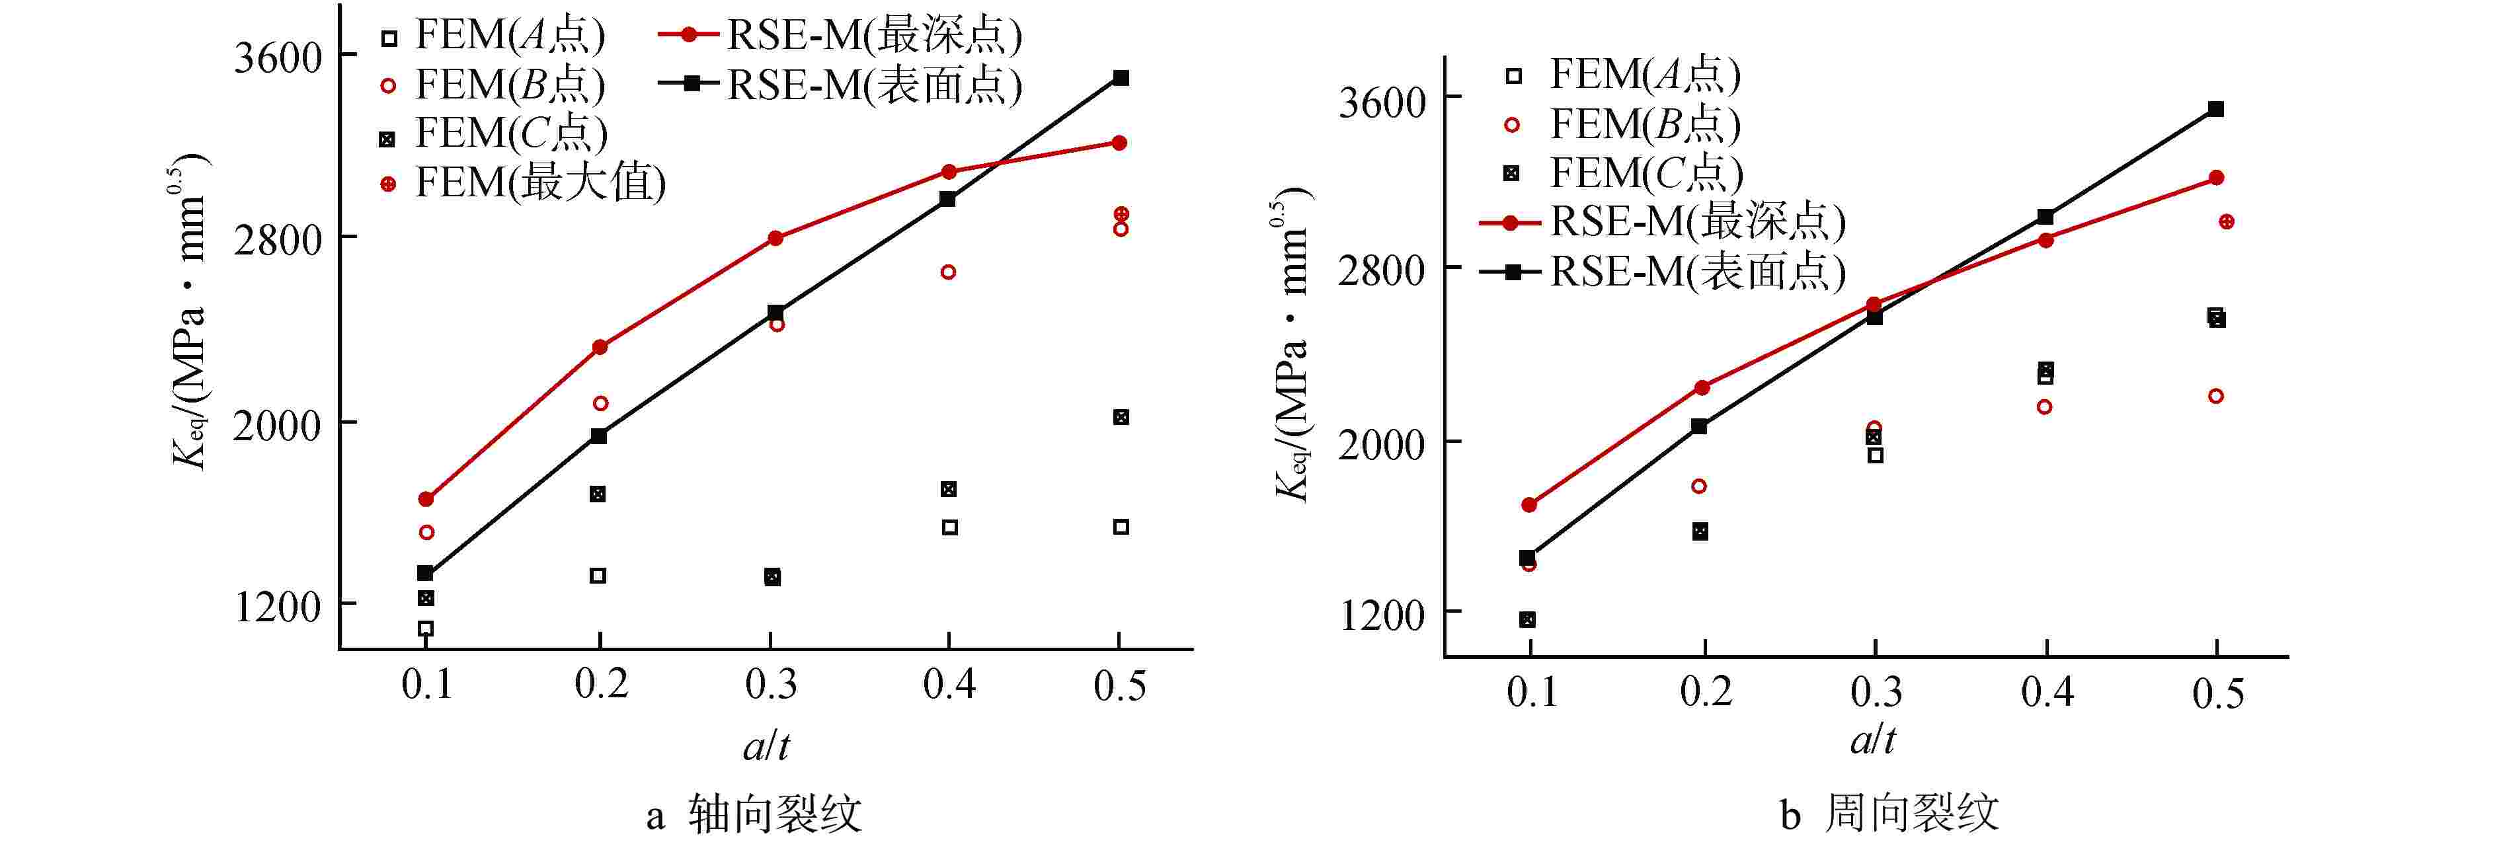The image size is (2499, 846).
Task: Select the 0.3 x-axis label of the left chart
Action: click(x=772, y=685)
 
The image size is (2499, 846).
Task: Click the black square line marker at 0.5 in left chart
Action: click(x=1121, y=77)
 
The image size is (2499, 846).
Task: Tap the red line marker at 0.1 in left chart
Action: click(x=426, y=498)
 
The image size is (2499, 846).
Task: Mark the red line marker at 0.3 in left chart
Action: click(x=775, y=238)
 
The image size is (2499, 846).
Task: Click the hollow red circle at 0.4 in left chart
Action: click(x=949, y=272)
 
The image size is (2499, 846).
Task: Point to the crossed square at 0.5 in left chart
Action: click(x=1121, y=417)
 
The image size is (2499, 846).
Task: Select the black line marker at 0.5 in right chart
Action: click(x=2216, y=108)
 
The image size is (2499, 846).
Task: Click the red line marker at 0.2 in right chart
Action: click(x=1702, y=387)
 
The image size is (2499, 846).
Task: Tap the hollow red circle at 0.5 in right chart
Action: click(x=2216, y=396)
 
